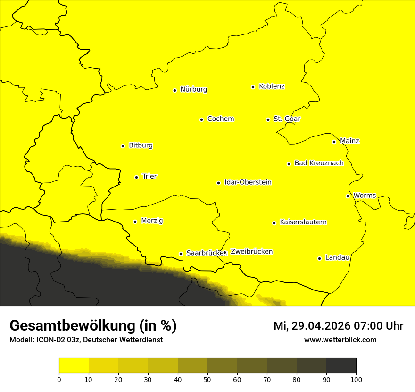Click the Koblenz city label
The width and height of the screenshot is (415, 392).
272,86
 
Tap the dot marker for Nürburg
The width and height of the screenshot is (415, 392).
174,90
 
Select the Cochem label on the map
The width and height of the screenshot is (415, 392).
220,119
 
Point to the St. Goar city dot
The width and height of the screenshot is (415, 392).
268,120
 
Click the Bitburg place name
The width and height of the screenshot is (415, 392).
141,145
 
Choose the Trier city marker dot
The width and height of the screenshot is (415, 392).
136,177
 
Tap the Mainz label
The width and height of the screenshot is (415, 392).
349,141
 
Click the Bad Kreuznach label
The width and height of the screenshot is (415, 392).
319,163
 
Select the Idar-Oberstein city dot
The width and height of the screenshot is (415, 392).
218,183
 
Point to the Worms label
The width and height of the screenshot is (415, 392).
365,196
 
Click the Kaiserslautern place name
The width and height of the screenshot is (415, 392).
303,222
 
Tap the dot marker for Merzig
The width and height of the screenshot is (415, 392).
135,222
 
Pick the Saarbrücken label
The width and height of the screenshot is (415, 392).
204,253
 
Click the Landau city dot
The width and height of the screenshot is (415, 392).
319,258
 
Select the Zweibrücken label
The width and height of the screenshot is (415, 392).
251,252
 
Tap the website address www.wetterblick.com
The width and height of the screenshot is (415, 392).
340,340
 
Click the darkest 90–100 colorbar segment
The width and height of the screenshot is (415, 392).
341,365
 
